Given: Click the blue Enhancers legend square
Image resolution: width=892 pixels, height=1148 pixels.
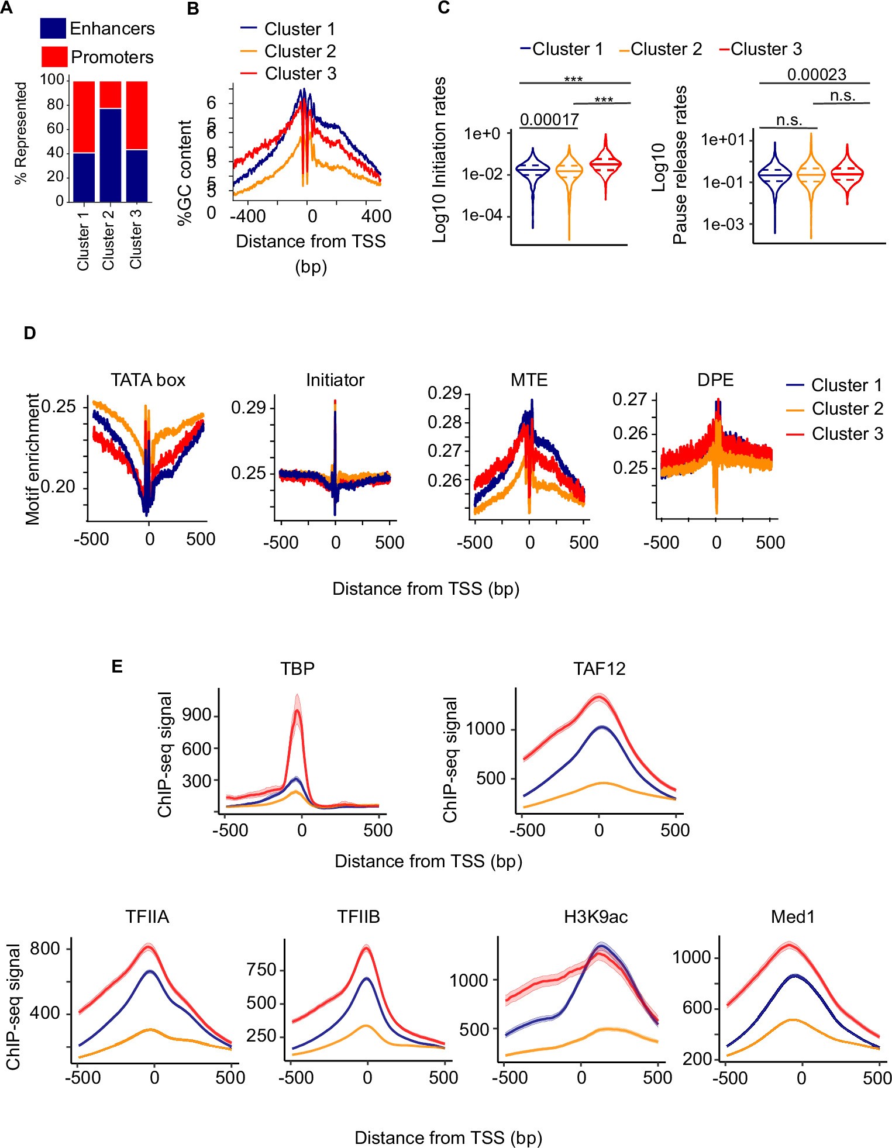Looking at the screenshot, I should click(x=53, y=28).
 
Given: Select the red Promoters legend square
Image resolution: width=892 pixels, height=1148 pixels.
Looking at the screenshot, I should click(x=54, y=57).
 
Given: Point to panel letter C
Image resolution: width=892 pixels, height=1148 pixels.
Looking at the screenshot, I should click(x=444, y=8).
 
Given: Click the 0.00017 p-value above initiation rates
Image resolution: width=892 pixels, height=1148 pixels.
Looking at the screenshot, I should click(x=549, y=120).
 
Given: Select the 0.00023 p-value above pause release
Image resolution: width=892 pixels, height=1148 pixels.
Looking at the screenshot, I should click(x=816, y=75).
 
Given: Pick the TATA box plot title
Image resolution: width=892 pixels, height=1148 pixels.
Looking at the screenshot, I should click(x=148, y=380).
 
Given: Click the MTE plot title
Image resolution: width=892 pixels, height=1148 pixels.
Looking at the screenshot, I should click(x=529, y=380).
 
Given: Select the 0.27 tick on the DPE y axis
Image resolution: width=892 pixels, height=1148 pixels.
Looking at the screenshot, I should click(x=629, y=399).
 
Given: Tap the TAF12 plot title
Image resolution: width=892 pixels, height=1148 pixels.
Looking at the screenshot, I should click(x=599, y=668).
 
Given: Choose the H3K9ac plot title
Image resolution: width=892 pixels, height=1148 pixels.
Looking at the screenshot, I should click(x=595, y=917).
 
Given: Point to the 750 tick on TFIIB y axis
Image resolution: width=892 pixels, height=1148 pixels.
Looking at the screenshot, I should click(x=261, y=970).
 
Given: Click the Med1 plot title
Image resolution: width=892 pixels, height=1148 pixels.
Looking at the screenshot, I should click(x=793, y=917).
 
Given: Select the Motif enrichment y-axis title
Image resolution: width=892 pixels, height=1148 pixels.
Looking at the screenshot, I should click(x=33, y=458).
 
